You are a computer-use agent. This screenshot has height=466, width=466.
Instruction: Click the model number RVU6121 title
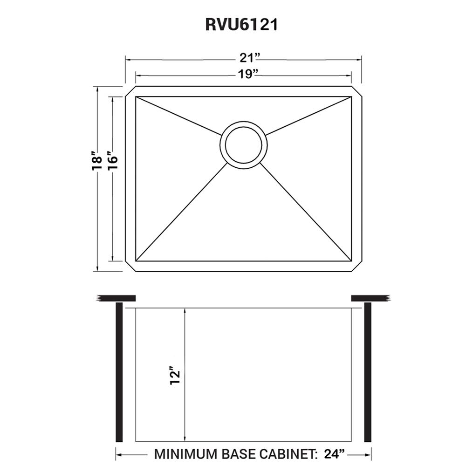coord(241,25)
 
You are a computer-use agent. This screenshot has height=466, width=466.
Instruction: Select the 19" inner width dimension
coord(244,74)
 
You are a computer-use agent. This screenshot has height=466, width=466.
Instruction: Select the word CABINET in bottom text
coord(289,453)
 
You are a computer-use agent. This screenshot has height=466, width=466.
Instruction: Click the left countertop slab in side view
coord(116,298)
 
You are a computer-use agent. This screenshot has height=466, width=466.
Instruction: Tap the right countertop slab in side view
coord(370,298)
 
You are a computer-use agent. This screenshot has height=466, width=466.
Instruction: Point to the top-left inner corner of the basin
coord(136,97)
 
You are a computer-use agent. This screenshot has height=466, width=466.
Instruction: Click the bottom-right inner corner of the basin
coord(351,260)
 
